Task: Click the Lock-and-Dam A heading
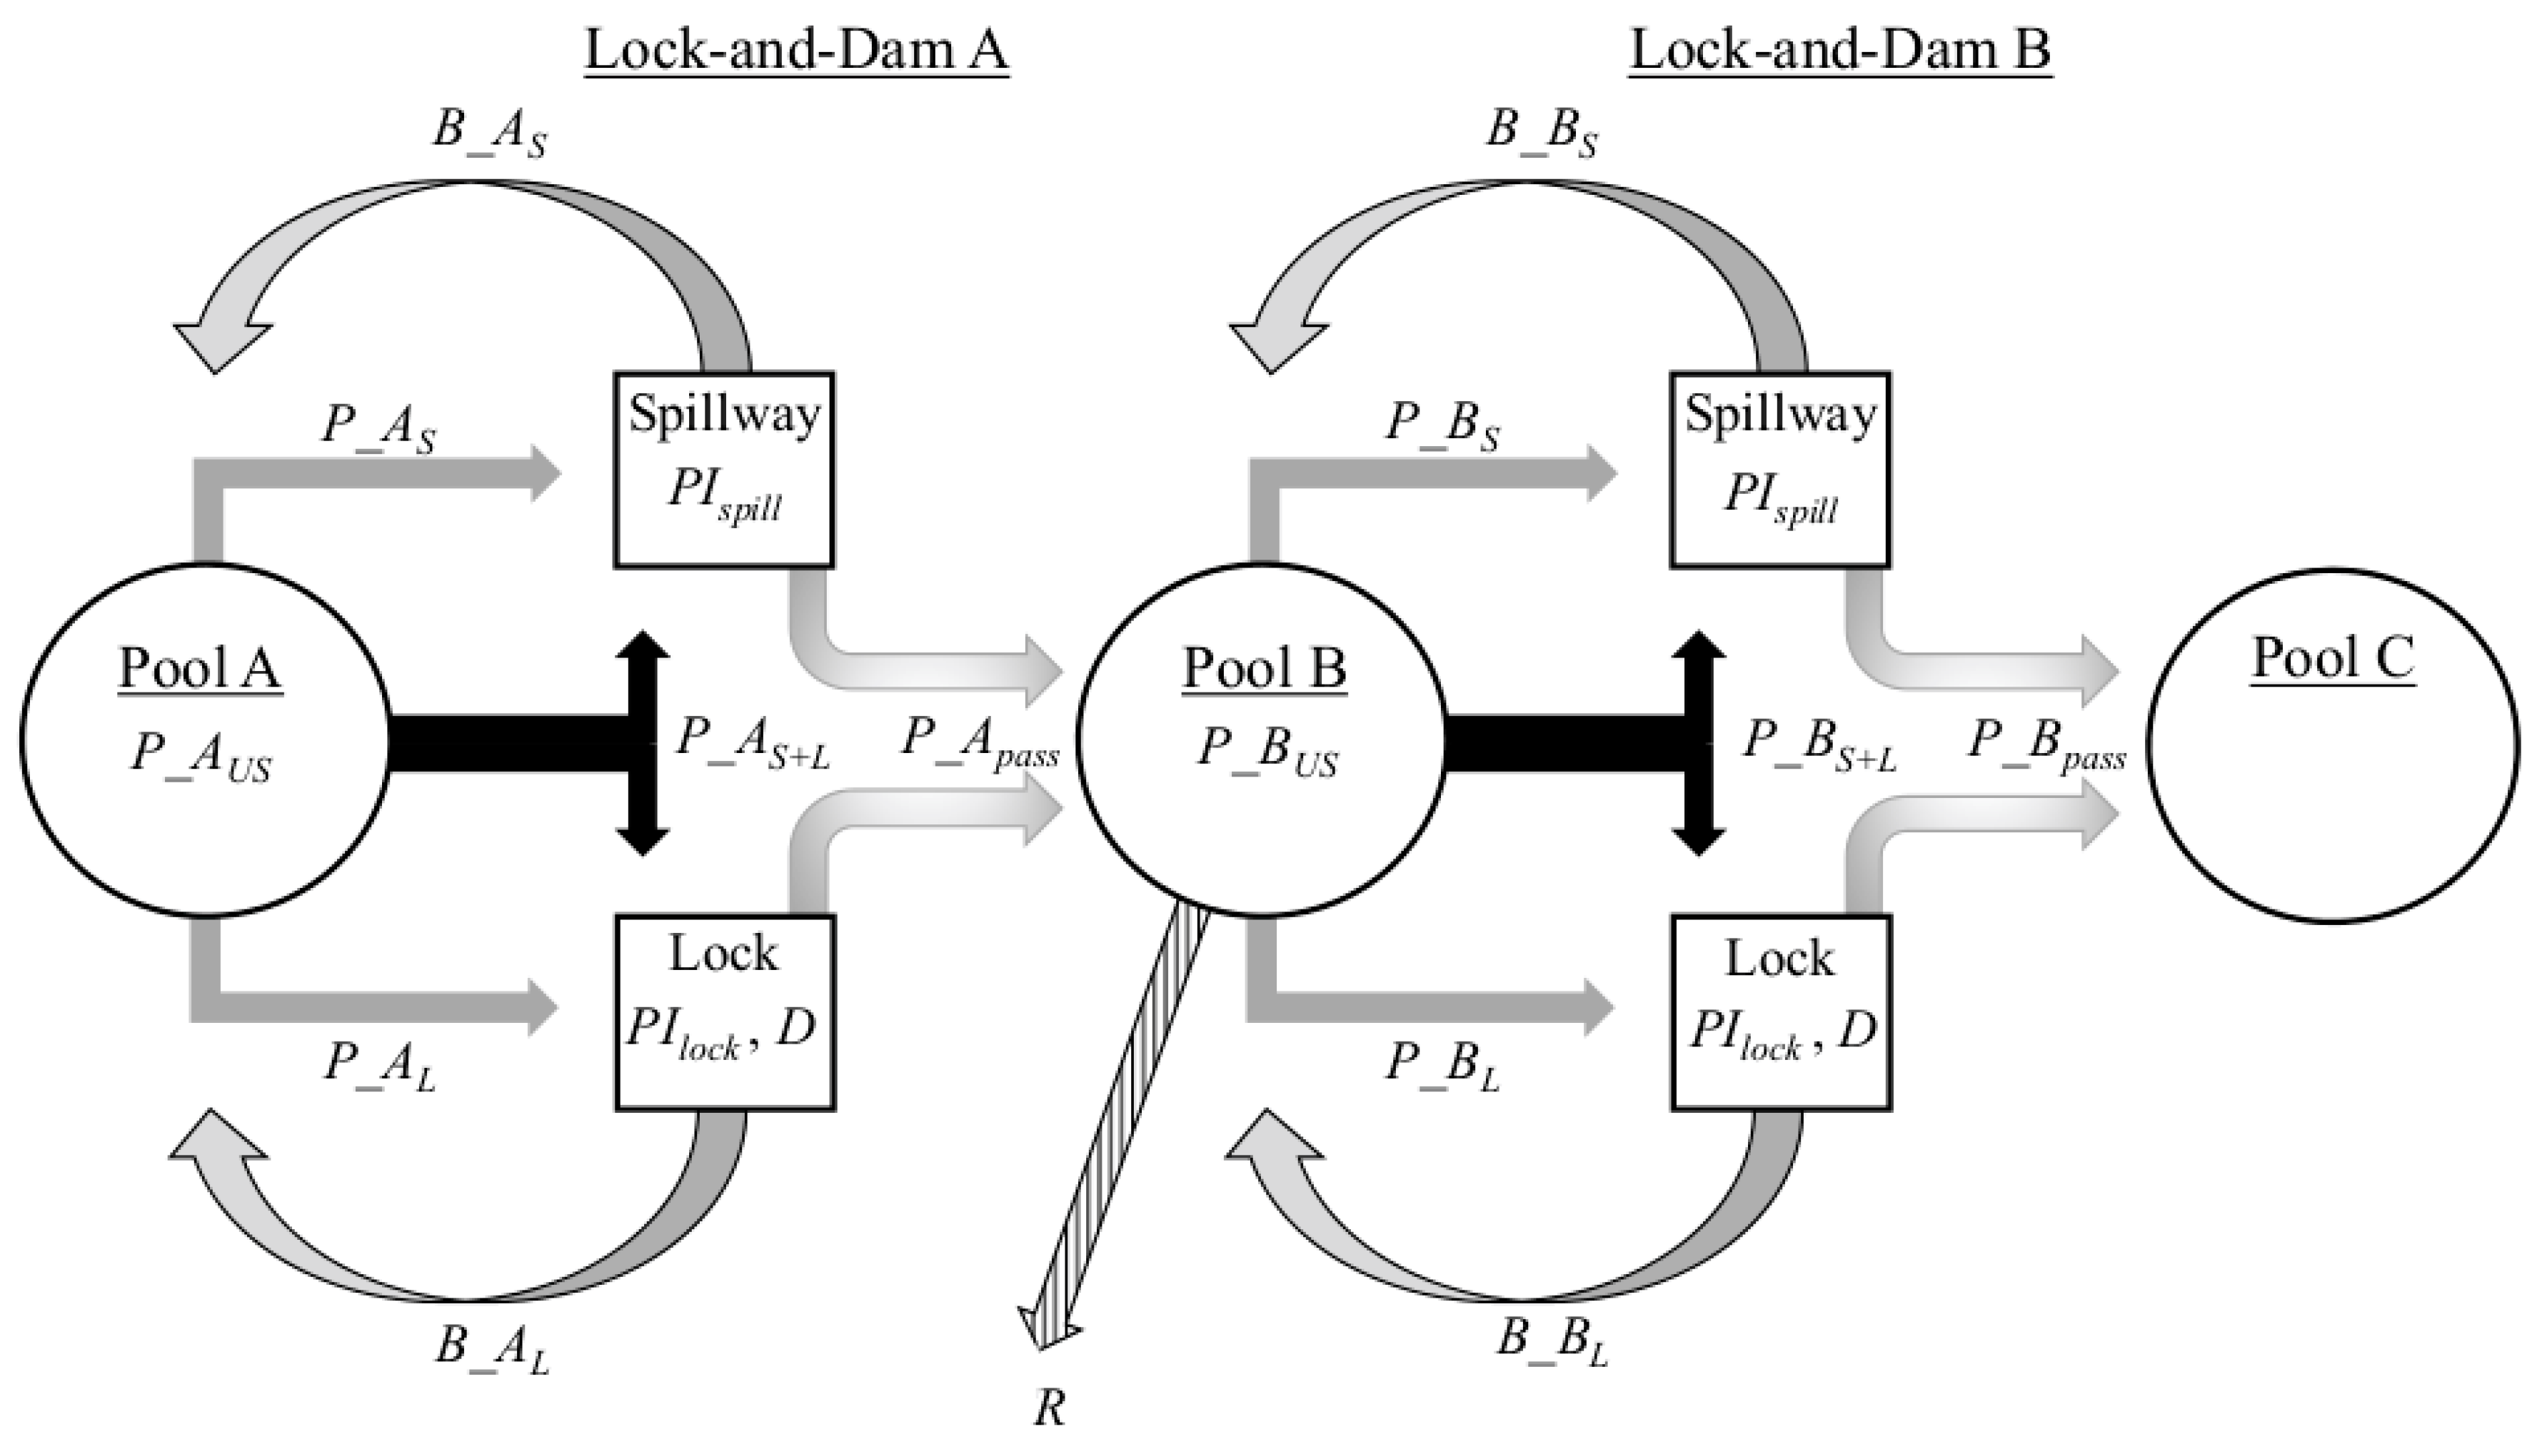[795, 49]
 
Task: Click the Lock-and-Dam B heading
[1840, 49]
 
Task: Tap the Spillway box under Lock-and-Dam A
[724, 469]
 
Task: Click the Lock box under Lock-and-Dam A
[724, 1011]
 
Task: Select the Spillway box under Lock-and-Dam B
[1779, 469]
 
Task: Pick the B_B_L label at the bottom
[1550, 1341]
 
